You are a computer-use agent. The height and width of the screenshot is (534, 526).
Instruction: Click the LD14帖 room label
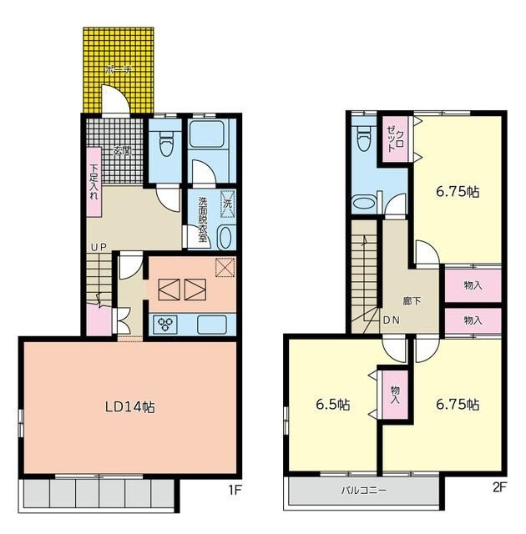click(x=129, y=407)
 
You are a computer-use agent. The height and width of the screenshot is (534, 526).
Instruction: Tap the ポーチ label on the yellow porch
click(x=119, y=70)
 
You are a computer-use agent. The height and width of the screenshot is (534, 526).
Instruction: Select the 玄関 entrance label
click(x=122, y=150)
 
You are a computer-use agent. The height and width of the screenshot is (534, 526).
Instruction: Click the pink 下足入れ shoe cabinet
click(x=94, y=182)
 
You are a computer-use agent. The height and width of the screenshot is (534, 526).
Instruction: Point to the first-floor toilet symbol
click(x=166, y=143)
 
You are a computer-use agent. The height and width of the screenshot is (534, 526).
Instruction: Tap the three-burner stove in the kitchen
click(x=165, y=324)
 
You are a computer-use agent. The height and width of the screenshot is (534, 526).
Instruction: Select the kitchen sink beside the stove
click(x=212, y=325)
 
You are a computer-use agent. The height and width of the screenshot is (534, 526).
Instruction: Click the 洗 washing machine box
click(x=228, y=204)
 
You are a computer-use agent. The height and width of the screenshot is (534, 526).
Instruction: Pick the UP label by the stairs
click(x=99, y=247)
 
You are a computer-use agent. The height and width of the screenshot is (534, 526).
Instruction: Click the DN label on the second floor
click(x=391, y=320)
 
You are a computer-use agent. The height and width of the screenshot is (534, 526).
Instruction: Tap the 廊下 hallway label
click(x=412, y=301)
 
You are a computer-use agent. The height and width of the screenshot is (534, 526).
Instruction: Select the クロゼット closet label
click(x=395, y=139)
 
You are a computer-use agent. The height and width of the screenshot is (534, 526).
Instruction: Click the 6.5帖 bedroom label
click(x=333, y=405)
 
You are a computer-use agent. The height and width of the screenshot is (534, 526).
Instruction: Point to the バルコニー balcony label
click(x=364, y=491)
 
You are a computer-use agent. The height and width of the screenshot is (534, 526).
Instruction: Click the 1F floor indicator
click(x=235, y=490)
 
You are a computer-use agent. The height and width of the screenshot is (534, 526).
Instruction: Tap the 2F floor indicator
click(x=499, y=488)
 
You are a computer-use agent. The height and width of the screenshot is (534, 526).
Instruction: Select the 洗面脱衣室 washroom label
click(x=203, y=219)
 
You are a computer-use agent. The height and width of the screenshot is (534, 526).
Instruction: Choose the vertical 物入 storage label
click(x=395, y=395)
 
